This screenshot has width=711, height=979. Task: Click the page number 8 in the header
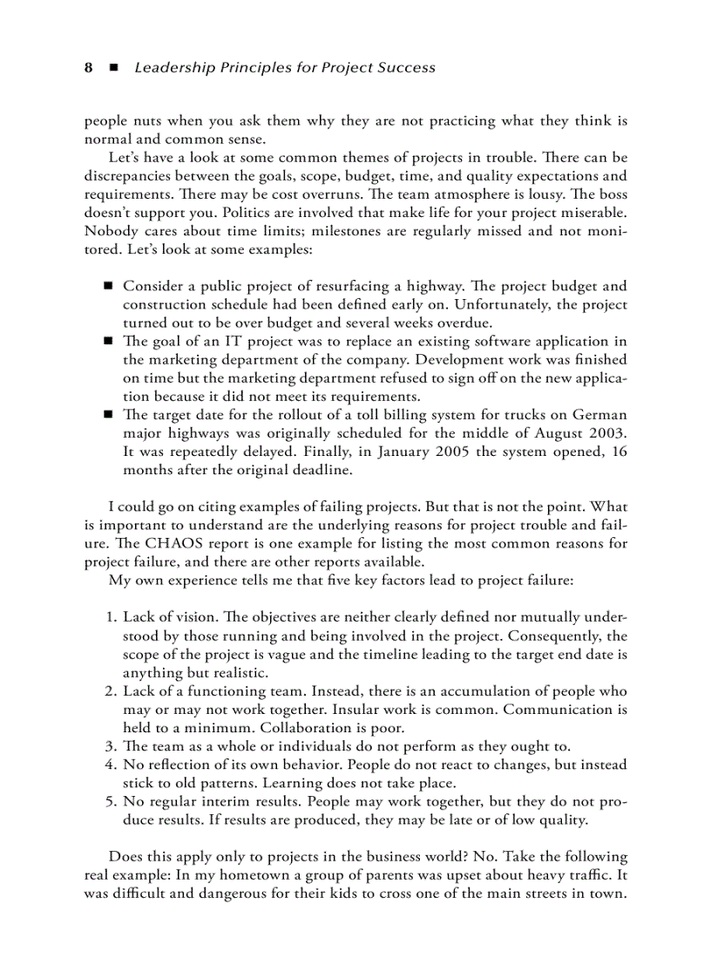(88, 68)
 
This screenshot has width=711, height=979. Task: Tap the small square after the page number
(113, 68)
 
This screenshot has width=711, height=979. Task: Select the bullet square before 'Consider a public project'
(109, 286)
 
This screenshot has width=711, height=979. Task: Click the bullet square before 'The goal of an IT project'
(109, 341)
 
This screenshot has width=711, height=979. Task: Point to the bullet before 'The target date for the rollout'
(109, 415)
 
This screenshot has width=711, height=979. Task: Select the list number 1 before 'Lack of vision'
(111, 617)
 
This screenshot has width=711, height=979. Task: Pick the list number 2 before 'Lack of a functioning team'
(111, 691)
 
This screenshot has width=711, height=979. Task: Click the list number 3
(111, 746)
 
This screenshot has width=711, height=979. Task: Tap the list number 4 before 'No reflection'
(111, 765)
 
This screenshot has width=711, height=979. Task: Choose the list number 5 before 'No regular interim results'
(111, 801)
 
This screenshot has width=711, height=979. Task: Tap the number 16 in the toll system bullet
(619, 452)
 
